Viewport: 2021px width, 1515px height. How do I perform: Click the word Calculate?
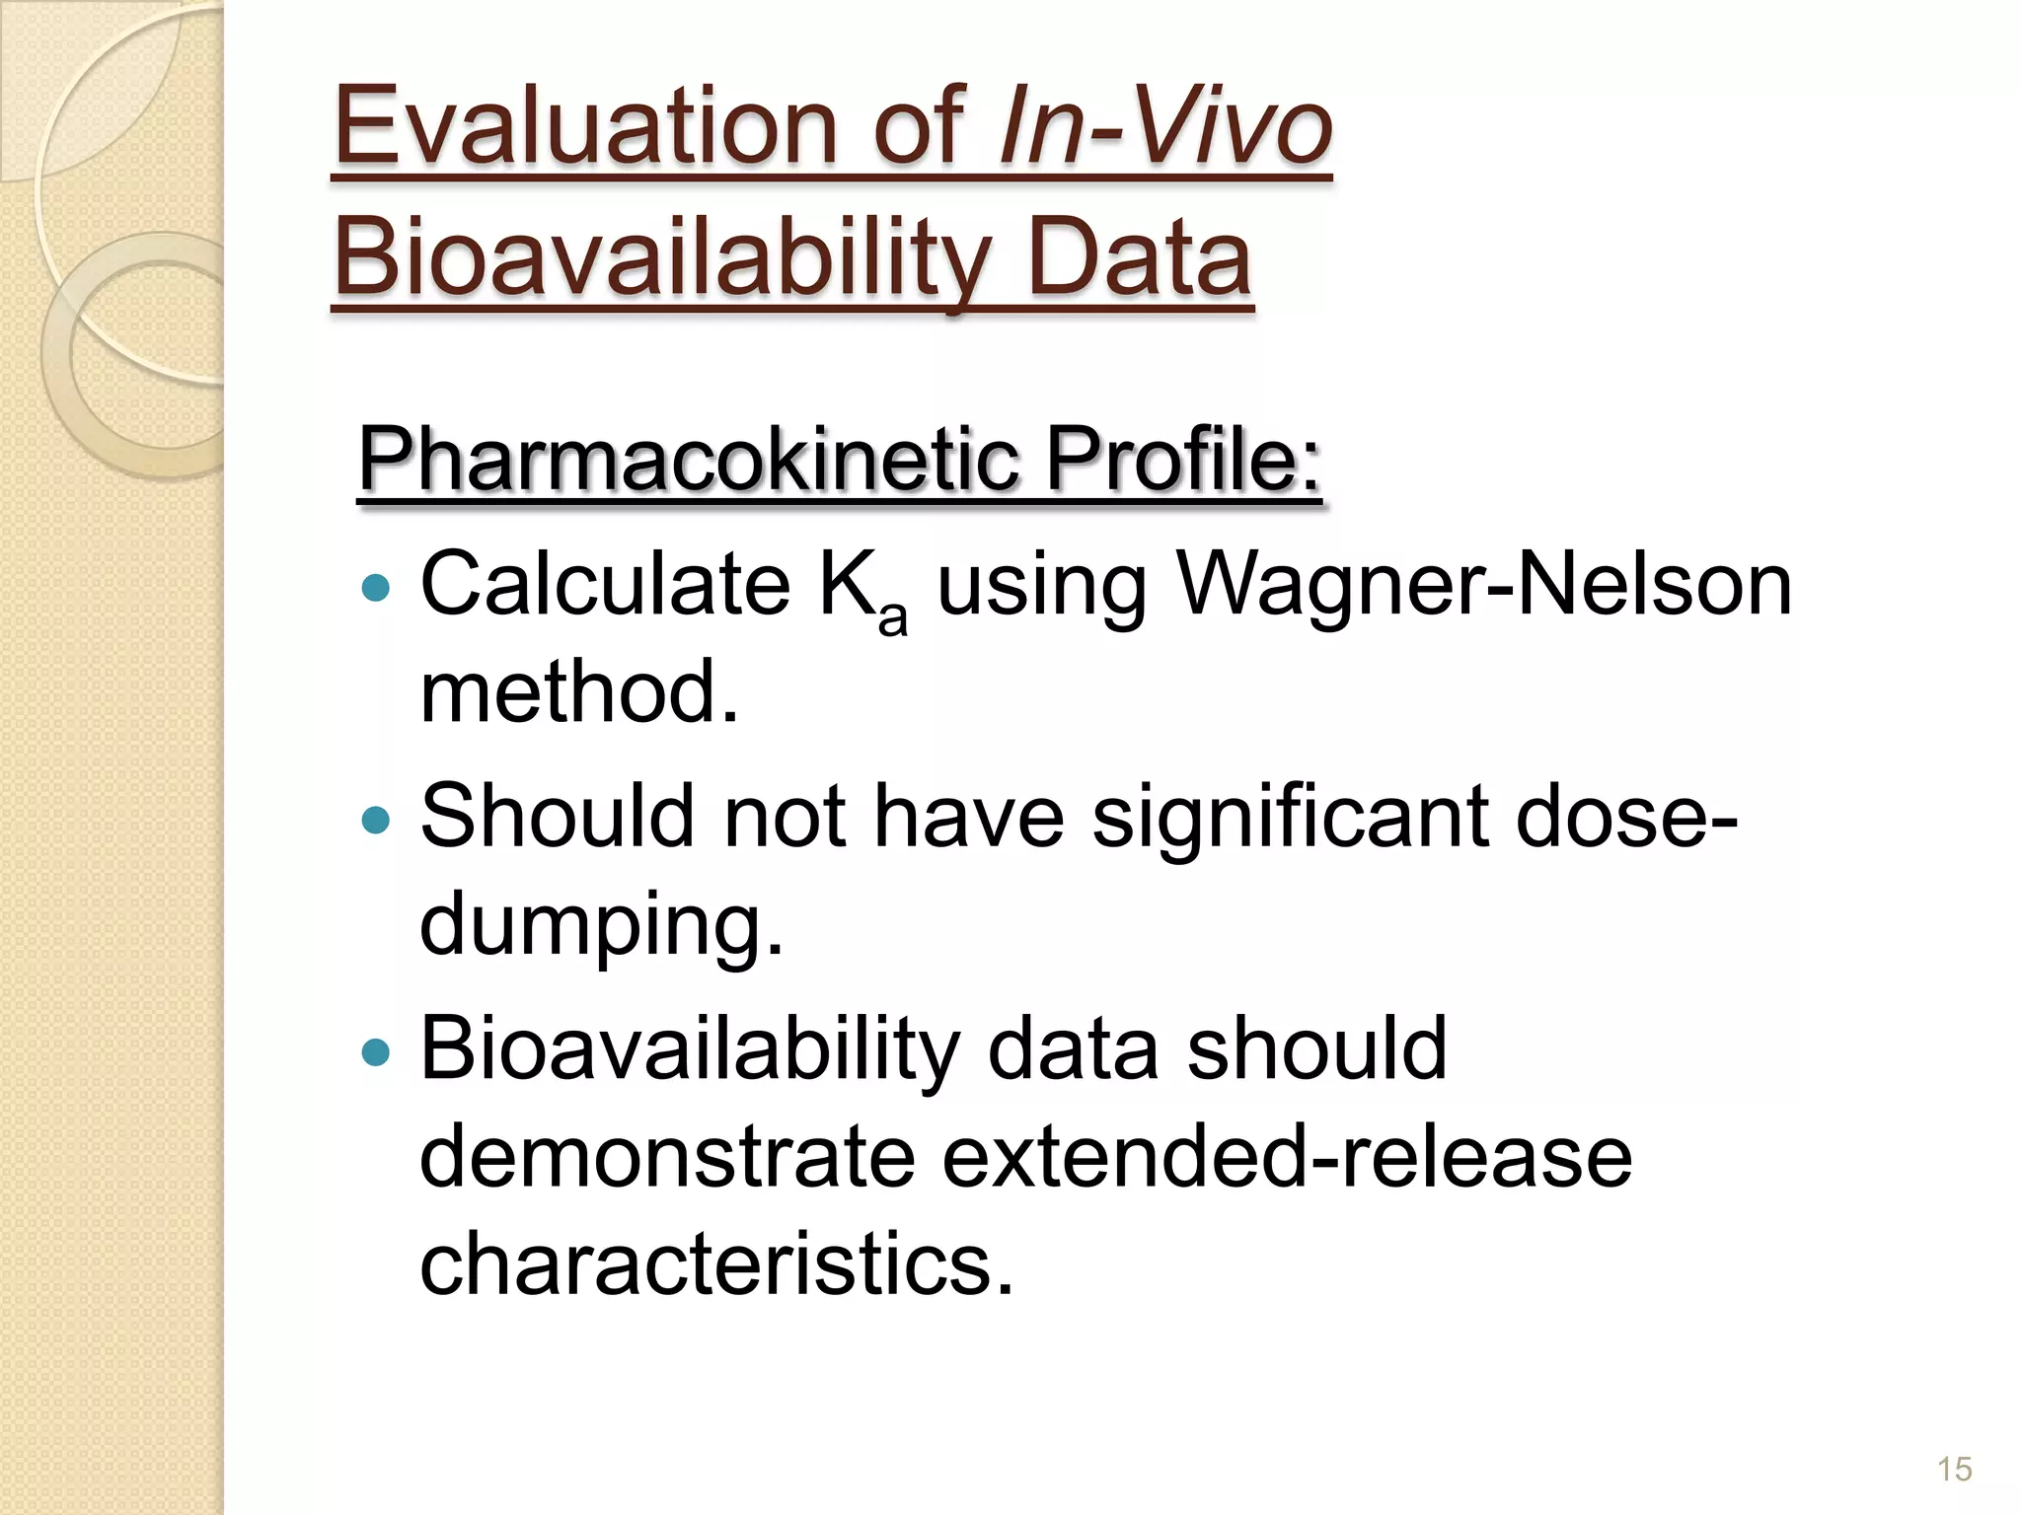pos(605,584)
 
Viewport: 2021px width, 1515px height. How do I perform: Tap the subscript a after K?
pos(892,618)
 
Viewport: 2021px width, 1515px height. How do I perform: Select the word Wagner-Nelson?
pos(1484,584)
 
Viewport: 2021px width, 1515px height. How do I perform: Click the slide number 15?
pos(1954,1469)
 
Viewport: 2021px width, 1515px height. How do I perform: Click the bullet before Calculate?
pos(376,589)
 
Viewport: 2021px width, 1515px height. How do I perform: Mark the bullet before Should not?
pos(376,820)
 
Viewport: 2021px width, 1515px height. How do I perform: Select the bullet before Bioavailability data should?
pos(376,1052)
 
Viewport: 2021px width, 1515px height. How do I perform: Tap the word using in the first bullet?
pos(1041,584)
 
